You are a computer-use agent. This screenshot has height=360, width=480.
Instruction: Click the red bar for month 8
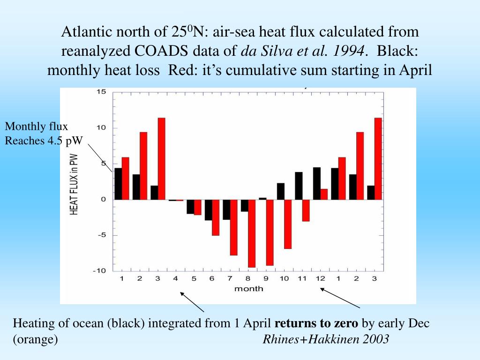click(252, 233)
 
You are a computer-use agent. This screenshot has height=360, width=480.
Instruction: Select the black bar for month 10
click(281, 191)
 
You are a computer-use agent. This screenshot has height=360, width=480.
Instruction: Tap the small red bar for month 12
click(324, 194)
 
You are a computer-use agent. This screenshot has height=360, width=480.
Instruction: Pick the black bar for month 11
click(299, 186)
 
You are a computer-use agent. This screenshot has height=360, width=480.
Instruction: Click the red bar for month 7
click(233, 227)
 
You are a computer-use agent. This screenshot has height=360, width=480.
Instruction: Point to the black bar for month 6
click(208, 210)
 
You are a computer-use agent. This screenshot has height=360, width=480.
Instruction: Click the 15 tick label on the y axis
click(101, 92)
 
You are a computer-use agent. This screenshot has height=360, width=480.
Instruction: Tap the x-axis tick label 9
click(266, 279)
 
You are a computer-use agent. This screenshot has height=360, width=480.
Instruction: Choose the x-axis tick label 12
click(320, 279)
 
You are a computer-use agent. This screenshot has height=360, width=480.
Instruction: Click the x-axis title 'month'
click(248, 289)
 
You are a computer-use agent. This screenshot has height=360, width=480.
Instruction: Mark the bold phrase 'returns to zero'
click(316, 323)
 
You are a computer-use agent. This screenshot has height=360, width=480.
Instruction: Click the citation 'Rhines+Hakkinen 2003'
click(326, 339)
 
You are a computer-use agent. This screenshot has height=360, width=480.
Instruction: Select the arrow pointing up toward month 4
click(193, 302)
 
